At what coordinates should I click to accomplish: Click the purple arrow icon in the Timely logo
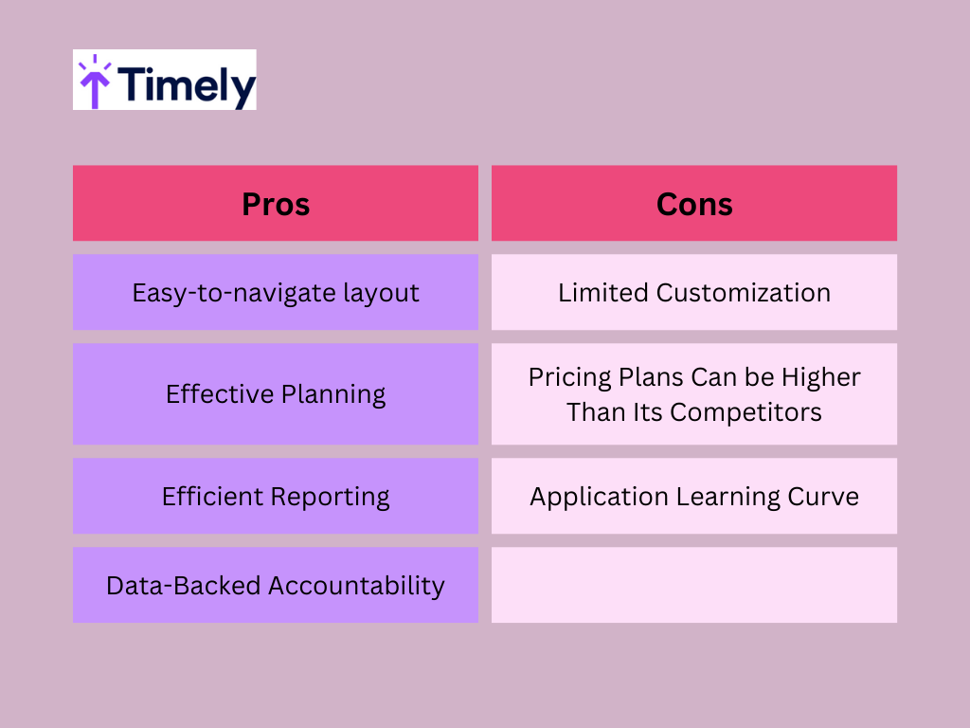point(95,82)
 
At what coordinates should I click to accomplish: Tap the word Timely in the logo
point(187,85)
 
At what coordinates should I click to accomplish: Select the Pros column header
point(276,204)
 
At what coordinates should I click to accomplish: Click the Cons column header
point(694,204)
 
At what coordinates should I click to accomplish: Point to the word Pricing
point(569,377)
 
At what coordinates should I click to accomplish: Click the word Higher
point(821,377)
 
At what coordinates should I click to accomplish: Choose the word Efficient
point(212,496)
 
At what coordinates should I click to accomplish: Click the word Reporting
point(331,497)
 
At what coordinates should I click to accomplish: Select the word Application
point(599,497)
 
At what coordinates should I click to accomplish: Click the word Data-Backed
point(183,586)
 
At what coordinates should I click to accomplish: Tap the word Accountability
point(356,586)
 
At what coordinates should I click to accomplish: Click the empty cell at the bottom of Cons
point(694,585)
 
